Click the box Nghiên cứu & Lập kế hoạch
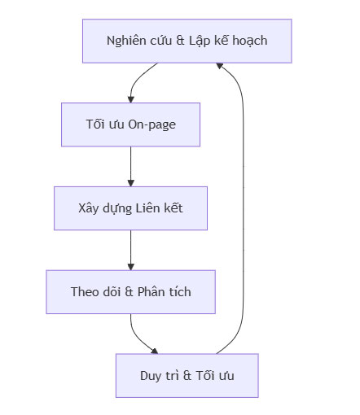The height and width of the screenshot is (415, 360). pos(187,41)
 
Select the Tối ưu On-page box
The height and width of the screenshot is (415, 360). pos(130,124)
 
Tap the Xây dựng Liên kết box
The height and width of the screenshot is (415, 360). pos(130,208)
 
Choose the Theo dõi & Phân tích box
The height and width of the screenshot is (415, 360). pos(130,291)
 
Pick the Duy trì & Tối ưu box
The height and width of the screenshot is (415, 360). pos(187,375)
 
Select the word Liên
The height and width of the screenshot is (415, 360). pos(151,208)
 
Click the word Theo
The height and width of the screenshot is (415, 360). pos(84,291)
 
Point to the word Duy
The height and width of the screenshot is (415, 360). pos(151,375)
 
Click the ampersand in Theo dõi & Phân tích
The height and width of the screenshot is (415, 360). pos(128,291)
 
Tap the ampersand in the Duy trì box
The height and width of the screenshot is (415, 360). pos(188,375)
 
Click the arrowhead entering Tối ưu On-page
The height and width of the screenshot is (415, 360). pos(130,98)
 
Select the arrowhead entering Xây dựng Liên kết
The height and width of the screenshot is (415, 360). pos(130,182)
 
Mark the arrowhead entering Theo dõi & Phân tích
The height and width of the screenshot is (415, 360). pos(130,266)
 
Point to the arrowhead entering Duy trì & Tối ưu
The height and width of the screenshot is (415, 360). pos(156,350)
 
